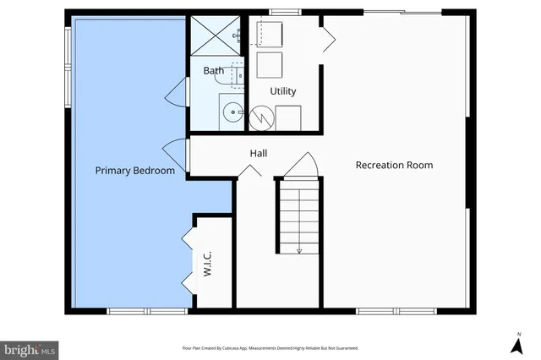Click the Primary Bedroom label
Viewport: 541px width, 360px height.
134,171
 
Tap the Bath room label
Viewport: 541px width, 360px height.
213,71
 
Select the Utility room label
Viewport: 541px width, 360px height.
282,91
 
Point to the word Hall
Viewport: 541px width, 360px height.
259,154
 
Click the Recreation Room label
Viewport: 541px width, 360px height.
394,165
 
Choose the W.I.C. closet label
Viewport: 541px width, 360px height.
208,265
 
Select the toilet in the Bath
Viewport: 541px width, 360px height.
238,77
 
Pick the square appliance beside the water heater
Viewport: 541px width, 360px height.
288,118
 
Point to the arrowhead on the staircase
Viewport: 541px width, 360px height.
299,250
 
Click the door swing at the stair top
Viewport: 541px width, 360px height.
301,166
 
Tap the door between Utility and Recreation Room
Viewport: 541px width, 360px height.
328,40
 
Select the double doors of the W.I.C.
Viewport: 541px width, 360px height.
188,259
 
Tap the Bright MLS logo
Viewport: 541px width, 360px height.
30,348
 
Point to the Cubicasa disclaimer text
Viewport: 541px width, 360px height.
270,347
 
